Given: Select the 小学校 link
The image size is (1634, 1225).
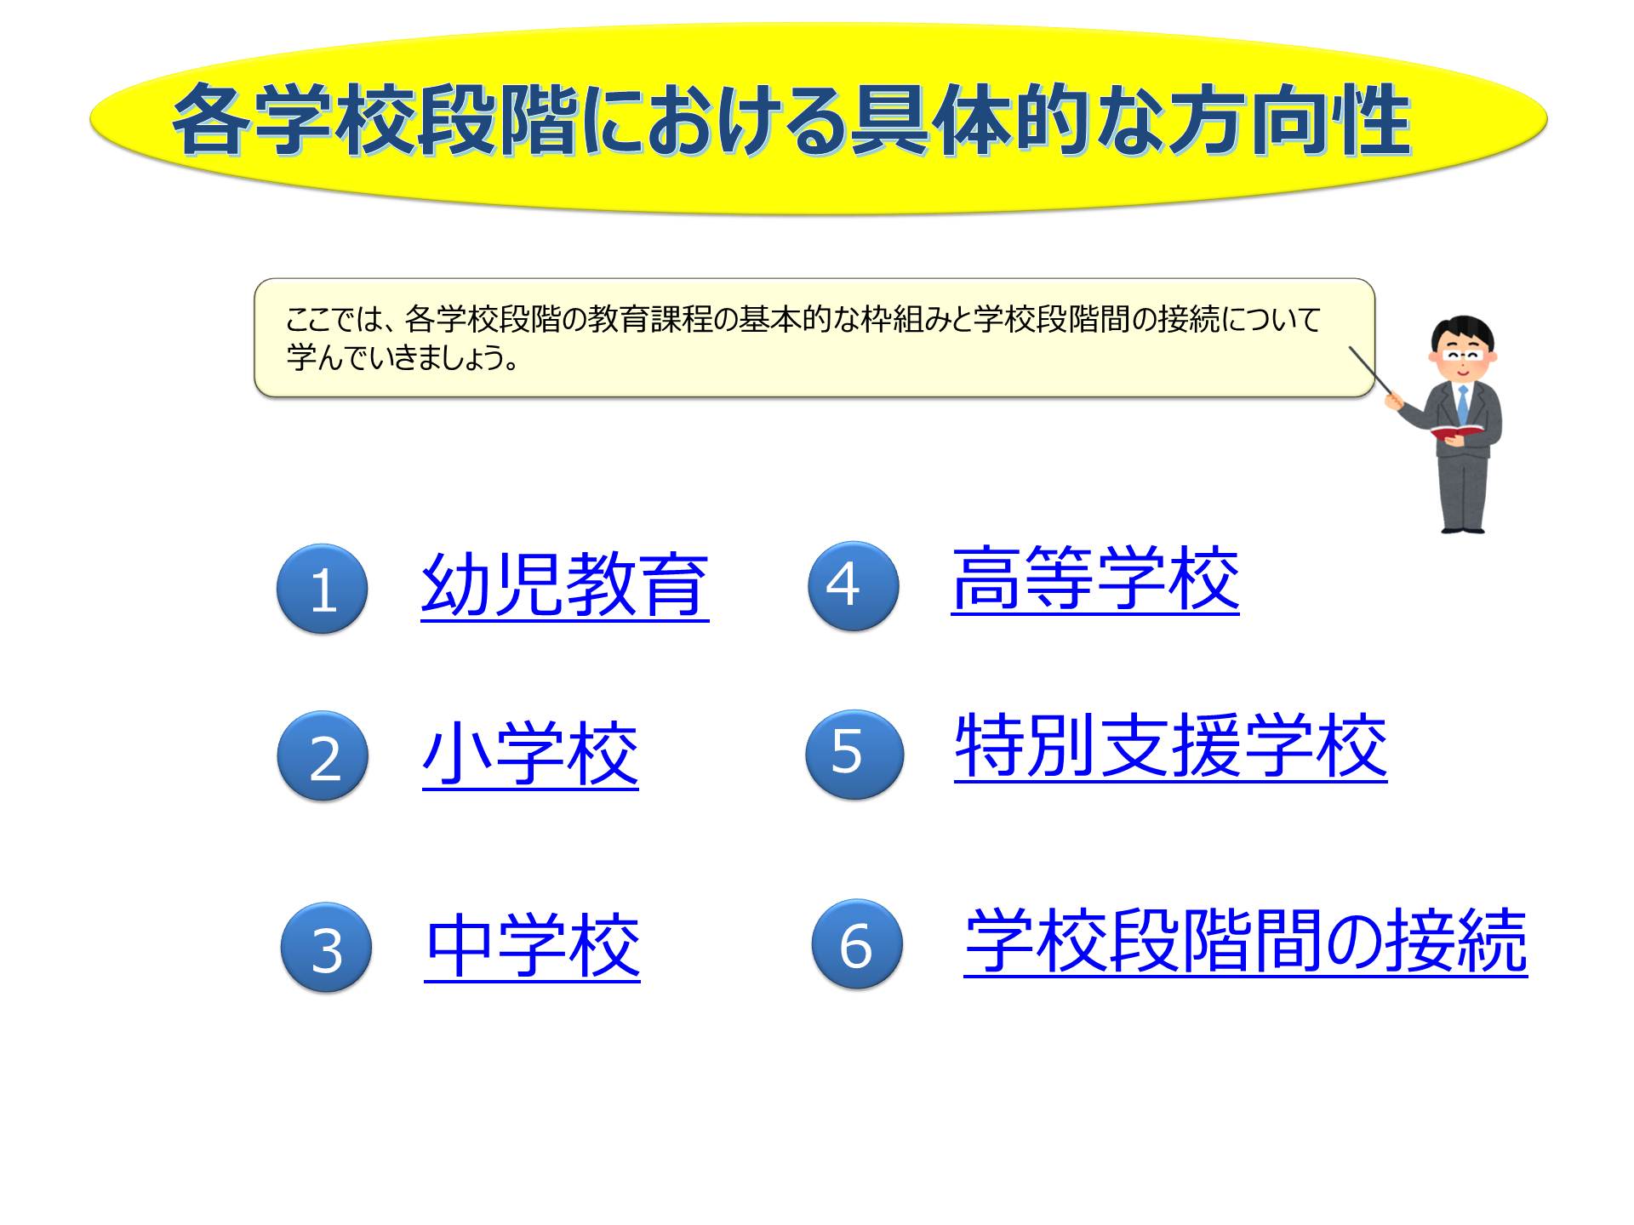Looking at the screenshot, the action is pyautogui.click(x=530, y=755).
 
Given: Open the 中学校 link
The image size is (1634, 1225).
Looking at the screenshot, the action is pyautogui.click(x=533, y=946).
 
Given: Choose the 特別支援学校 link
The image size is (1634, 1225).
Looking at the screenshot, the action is pyautogui.click(x=1171, y=747).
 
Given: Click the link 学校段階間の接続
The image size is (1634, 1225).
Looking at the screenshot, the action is pyautogui.click(x=1246, y=941).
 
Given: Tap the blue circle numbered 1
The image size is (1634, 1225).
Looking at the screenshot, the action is pyautogui.click(x=322, y=588).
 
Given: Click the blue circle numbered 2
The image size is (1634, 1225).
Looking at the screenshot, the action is pyautogui.click(x=323, y=755).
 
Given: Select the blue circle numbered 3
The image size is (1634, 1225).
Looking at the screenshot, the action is pyautogui.click(x=326, y=947).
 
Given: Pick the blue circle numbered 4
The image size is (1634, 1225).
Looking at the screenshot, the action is pyautogui.click(x=853, y=585).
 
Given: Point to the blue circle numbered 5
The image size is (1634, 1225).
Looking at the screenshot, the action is pyautogui.click(x=854, y=754).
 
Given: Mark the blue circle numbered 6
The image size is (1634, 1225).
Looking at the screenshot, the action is pyautogui.click(x=857, y=943).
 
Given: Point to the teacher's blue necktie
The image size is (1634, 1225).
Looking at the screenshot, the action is pyautogui.click(x=1462, y=403).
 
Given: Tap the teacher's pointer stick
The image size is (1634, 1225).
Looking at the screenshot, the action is pyautogui.click(x=1373, y=371).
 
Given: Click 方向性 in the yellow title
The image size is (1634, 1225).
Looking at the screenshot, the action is pyautogui.click(x=1288, y=121).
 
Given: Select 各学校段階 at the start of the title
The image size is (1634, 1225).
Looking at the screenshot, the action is pyautogui.click(x=375, y=121).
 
